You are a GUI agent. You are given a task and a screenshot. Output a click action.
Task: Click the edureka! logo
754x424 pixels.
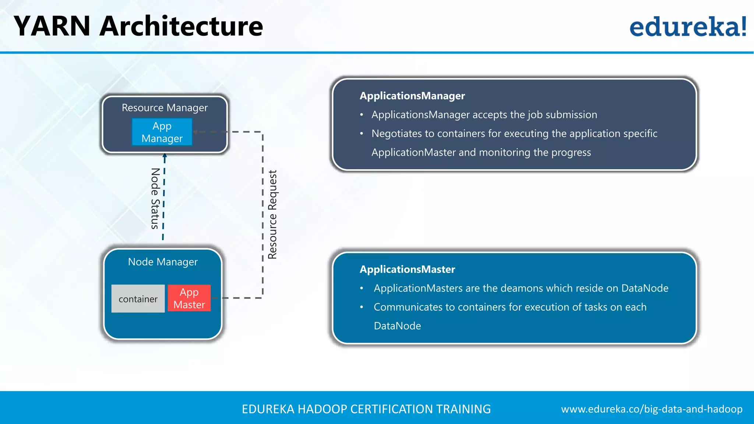point(688,26)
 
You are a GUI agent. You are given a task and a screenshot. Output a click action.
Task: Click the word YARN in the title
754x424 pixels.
point(52,26)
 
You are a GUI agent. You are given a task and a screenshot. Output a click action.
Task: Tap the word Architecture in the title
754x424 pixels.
point(181,26)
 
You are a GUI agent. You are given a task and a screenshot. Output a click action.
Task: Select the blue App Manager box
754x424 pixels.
point(162,132)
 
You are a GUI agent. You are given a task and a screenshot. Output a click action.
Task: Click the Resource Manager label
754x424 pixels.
point(165,107)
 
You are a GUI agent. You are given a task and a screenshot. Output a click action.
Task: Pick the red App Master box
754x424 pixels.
point(189,298)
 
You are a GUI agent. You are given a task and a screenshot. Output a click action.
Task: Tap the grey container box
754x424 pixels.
point(138,299)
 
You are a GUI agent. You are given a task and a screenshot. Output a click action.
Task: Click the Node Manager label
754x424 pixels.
point(163,262)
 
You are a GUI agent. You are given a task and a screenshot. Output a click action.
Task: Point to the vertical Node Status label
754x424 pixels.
point(155,198)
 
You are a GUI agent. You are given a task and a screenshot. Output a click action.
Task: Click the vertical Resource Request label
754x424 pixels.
point(272,215)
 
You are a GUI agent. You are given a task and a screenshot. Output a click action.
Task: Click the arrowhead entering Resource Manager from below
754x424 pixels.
point(165,156)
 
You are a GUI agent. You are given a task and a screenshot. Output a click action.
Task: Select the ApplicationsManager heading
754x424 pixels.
point(412,96)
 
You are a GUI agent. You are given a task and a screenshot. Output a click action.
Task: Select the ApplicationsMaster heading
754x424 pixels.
point(407,269)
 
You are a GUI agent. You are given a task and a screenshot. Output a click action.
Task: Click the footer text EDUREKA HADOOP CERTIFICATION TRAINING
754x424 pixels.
point(366,409)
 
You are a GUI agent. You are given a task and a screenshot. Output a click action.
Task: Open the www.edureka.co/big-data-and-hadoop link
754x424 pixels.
point(651,409)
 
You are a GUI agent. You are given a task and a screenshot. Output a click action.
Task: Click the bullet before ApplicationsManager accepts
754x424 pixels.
point(362,115)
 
